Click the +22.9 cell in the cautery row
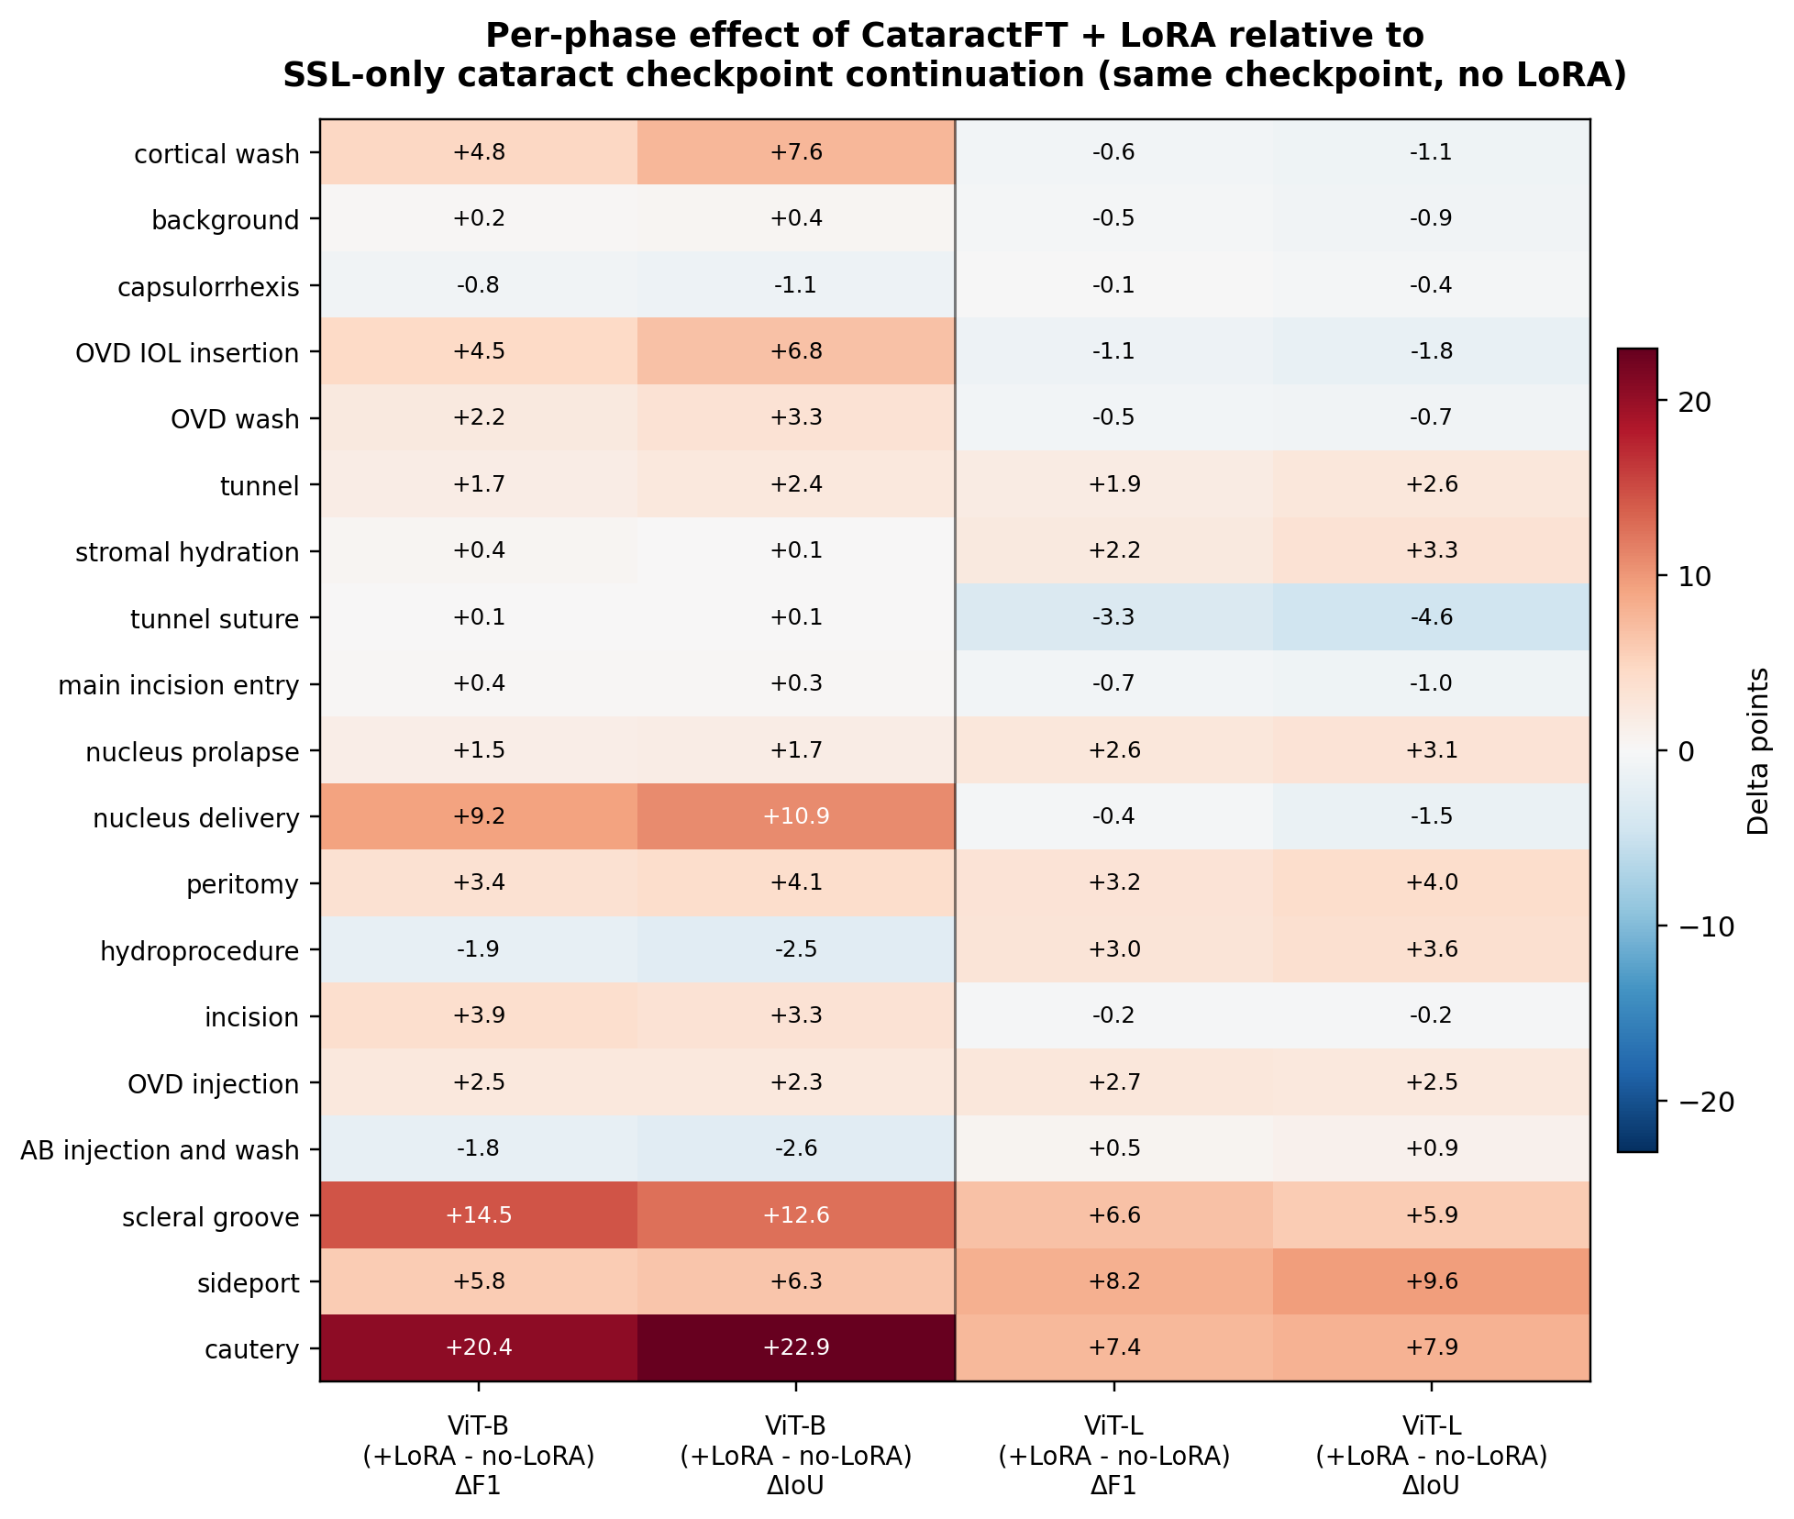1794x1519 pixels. point(795,1347)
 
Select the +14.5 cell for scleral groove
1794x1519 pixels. point(478,1214)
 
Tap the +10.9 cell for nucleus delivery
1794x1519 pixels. point(795,816)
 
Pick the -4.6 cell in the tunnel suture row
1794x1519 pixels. point(1431,617)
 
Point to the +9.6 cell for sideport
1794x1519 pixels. point(1431,1281)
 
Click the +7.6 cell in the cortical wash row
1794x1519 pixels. point(795,152)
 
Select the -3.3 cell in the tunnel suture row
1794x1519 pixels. point(1113,617)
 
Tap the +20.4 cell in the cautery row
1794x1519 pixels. point(478,1347)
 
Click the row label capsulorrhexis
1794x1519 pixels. point(208,287)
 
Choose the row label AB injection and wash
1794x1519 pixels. point(160,1149)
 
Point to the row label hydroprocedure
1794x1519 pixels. point(199,950)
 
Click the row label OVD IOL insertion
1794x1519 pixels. point(187,353)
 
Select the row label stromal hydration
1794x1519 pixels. point(187,552)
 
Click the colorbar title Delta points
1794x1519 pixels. point(1757,750)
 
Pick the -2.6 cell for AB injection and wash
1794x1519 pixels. point(795,1148)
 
